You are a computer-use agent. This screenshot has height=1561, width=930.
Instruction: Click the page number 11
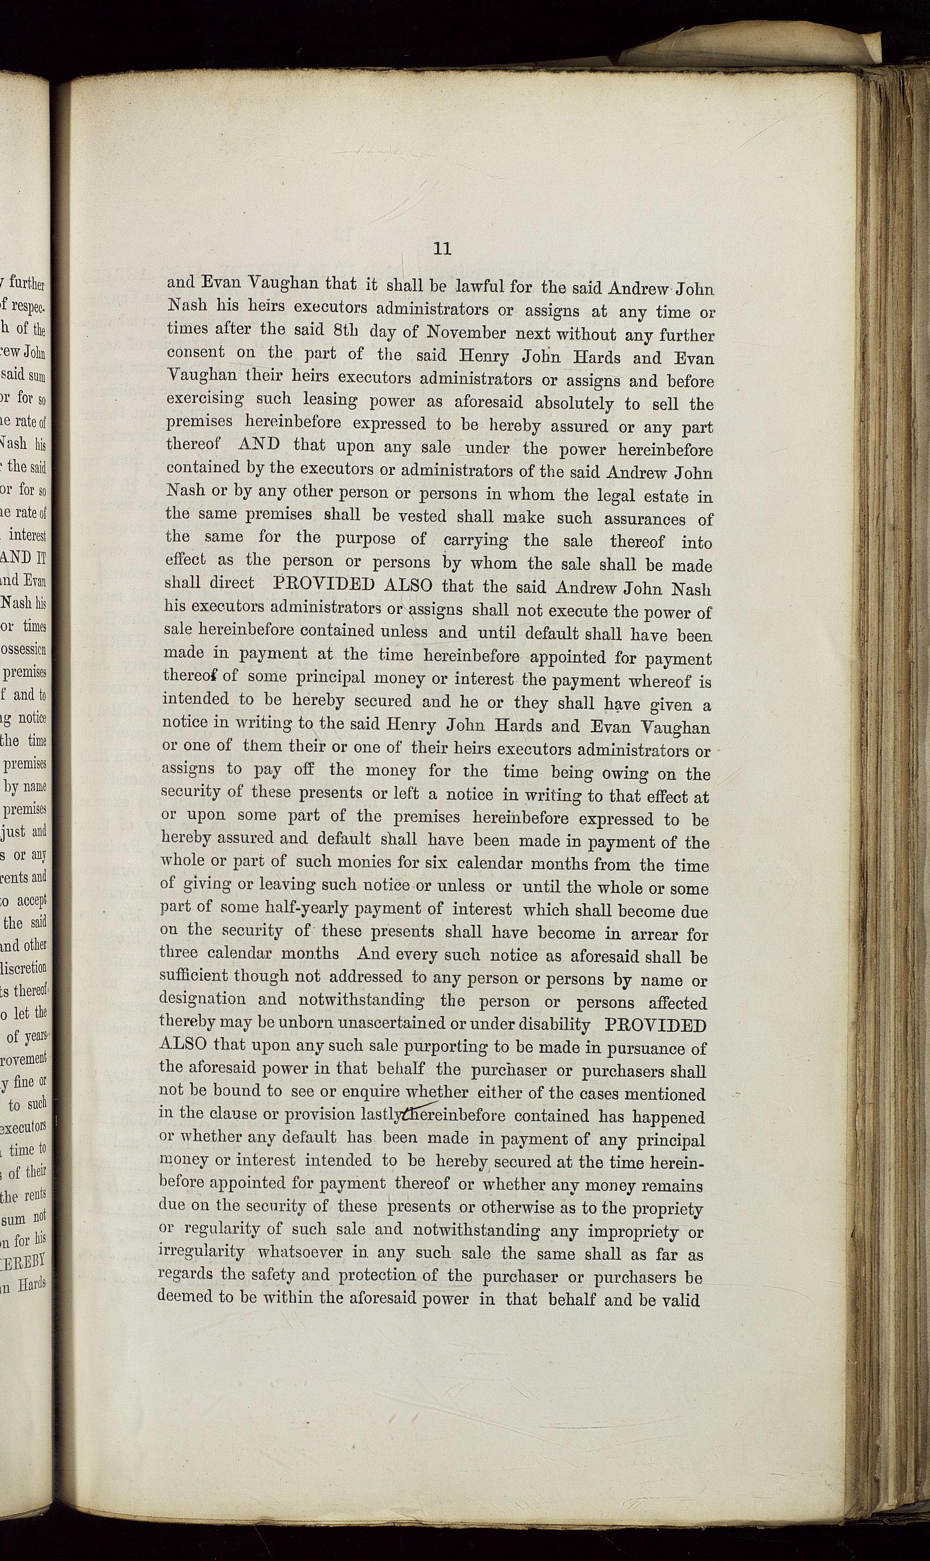442,249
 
